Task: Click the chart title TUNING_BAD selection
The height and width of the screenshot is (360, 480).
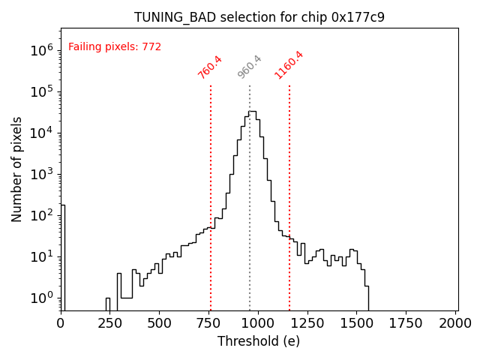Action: click(x=259, y=17)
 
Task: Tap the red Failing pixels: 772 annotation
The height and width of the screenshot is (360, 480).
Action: click(x=115, y=47)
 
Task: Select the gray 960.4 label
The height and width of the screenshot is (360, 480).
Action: click(x=250, y=67)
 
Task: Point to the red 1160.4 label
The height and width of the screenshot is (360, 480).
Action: click(x=289, y=65)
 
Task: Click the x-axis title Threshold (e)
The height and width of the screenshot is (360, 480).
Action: click(x=259, y=341)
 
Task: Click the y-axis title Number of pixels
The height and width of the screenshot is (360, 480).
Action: click(x=17, y=169)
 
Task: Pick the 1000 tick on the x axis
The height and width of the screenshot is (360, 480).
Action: click(x=258, y=323)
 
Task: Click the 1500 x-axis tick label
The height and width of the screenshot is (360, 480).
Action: click(x=357, y=323)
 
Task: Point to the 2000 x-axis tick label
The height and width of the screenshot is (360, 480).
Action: click(x=456, y=323)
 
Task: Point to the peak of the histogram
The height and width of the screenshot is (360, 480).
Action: click(x=253, y=112)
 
